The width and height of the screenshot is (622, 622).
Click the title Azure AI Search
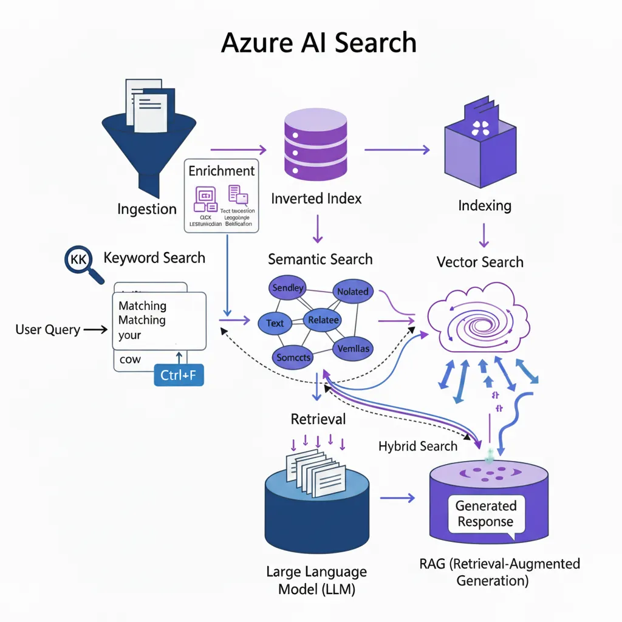coord(319,44)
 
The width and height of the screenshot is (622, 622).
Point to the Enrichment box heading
coord(222,171)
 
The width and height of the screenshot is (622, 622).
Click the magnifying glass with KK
coord(80,261)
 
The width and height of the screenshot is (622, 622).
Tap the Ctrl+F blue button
coord(178,375)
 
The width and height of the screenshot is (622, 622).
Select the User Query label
coord(47,330)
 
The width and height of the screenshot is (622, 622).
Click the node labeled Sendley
coord(287,288)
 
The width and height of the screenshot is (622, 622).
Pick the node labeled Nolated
coord(352,292)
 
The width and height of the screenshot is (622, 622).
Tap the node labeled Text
coord(275,323)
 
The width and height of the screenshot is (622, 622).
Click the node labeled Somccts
coord(293,357)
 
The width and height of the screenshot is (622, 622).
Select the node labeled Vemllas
coord(352,349)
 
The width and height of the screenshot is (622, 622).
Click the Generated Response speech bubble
coord(485,514)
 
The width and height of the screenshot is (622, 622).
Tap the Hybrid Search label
coord(418,446)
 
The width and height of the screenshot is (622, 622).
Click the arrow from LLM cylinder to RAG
coord(398,498)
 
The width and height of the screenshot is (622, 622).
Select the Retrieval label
coord(318,419)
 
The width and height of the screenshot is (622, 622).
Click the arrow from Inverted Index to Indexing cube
coord(398,149)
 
